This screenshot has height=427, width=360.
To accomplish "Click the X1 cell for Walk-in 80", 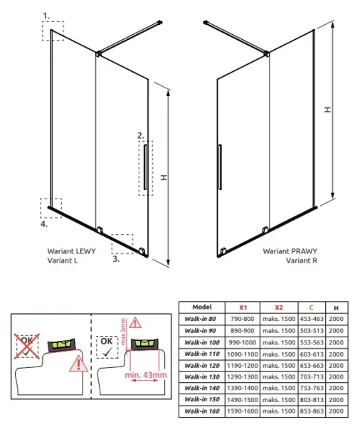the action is pyautogui.click(x=243, y=319).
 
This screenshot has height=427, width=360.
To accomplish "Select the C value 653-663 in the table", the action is pyautogui.click(x=312, y=366).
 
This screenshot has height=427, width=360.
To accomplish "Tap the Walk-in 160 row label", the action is pyautogui.click(x=202, y=411).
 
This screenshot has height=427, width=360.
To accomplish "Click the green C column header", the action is pyautogui.click(x=311, y=307).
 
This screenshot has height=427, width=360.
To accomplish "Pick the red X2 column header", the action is pyautogui.click(x=279, y=307).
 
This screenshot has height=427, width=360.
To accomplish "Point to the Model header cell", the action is pyautogui.click(x=202, y=307).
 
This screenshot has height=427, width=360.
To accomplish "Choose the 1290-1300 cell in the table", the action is pyautogui.click(x=243, y=377).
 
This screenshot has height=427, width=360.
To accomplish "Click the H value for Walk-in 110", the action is pyautogui.click(x=336, y=354).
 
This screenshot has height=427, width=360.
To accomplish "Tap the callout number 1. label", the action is pyautogui.click(x=46, y=16).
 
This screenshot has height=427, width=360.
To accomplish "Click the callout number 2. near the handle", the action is pyautogui.click(x=141, y=135).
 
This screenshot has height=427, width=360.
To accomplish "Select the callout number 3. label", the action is pyautogui.click(x=116, y=259).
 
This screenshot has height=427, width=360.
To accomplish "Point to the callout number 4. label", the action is pyautogui.click(x=44, y=224).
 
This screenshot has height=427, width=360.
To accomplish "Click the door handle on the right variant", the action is pyautogui.click(x=220, y=167).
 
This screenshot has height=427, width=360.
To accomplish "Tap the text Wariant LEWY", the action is pyautogui.click(x=71, y=251).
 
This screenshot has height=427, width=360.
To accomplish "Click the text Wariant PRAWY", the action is pyautogui.click(x=290, y=251).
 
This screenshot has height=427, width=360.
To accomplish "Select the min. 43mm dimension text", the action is pyautogui.click(x=146, y=375).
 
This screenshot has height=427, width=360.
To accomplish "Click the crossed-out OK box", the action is pyautogui.click(x=27, y=346).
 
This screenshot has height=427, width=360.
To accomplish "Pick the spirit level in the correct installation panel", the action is pyautogui.click(x=144, y=344).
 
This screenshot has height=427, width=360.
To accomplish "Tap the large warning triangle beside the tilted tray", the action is pyautogui.click(x=78, y=364).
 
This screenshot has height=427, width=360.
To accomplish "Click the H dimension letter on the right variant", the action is pyautogui.click(x=328, y=110).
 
